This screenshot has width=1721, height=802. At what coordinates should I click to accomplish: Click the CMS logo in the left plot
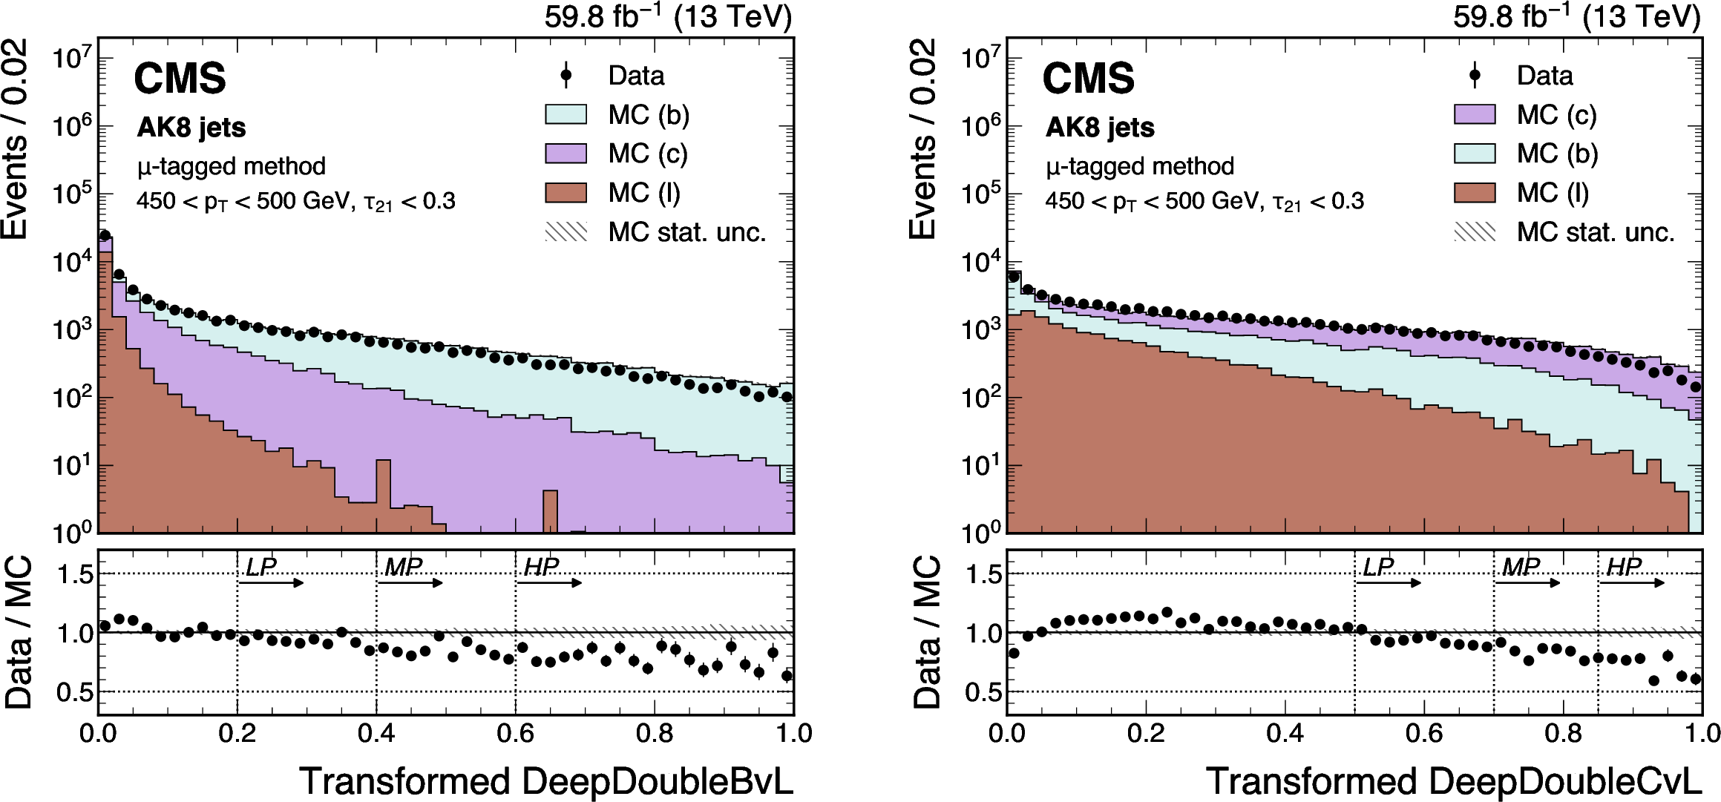pos(180,79)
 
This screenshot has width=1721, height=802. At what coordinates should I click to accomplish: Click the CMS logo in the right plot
pos(1088,79)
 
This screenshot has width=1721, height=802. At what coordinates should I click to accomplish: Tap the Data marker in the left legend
pos(566,75)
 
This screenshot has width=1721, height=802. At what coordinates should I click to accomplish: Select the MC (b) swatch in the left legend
pos(566,114)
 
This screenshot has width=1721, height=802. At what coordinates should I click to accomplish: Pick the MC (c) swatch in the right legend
pos(1475,114)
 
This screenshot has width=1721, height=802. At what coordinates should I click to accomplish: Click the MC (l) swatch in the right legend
pos(1475,193)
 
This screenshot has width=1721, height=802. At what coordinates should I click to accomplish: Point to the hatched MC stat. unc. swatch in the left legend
pos(566,232)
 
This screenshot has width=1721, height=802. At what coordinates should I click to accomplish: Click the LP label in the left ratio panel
pos(260,568)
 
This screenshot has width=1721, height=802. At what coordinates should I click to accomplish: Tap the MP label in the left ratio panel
pos(403,568)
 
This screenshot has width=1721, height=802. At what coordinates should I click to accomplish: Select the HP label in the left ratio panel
pos(541,568)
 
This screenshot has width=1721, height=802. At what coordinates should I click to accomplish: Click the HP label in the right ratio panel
pos(1624,568)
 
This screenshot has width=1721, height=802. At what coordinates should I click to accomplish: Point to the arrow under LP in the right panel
pos(1389,583)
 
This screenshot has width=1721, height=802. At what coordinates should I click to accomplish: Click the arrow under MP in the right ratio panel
pos(1528,583)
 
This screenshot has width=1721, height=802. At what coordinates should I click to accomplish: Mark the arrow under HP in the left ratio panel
pos(549,583)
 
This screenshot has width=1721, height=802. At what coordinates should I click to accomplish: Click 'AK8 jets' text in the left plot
pos(191,128)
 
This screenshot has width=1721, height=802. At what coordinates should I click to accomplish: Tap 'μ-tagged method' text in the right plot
pos(1140,166)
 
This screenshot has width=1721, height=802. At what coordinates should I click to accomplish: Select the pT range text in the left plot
pos(295,201)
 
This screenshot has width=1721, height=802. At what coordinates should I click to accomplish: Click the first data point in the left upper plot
pos(105,235)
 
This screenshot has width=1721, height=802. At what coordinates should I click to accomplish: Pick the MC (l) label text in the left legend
pos(644,193)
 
